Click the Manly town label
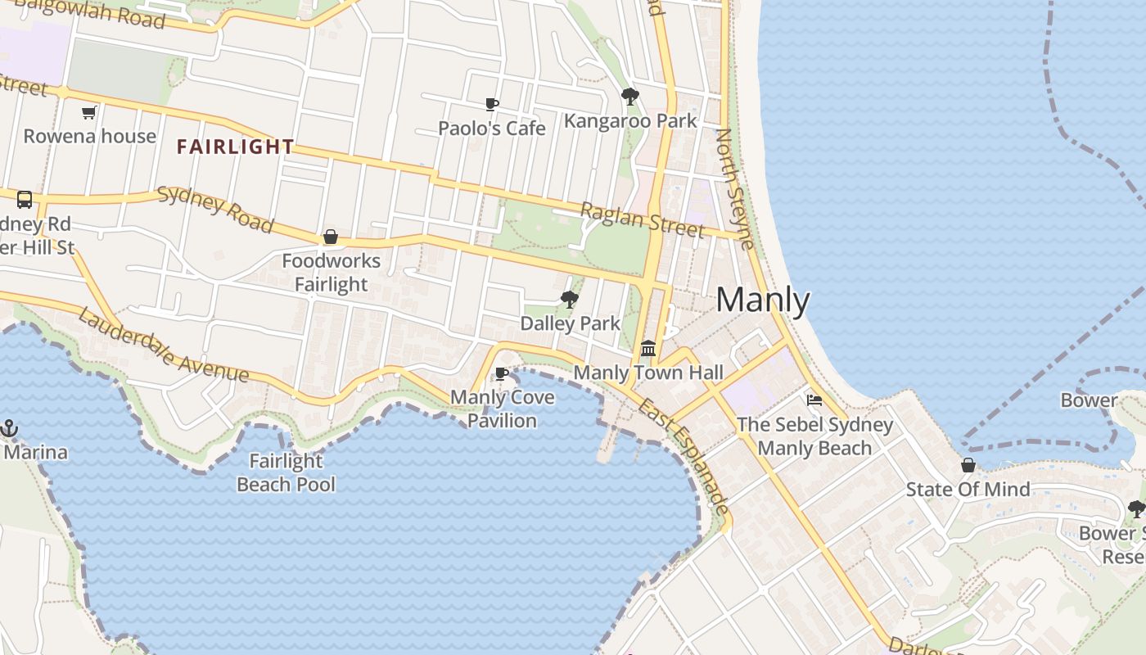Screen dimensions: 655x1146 762,300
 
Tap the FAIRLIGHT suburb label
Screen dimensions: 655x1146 236,147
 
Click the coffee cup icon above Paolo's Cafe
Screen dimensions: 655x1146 491,104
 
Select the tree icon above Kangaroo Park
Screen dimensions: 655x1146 629,97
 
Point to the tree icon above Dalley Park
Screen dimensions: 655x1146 570,300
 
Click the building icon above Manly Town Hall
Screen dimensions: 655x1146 648,349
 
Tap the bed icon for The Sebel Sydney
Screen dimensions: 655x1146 814,400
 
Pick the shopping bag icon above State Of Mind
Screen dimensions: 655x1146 968,465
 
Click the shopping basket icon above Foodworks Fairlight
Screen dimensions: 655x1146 331,237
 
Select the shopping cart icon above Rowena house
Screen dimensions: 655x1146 89,112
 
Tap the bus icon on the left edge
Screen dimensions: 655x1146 25,199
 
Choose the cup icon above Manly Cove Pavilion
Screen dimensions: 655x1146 502,373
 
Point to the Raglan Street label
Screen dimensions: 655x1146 642,219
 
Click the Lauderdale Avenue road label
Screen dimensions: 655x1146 163,345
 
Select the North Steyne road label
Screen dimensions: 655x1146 734,188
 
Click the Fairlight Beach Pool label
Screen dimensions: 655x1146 286,472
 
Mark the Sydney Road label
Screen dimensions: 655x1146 214,210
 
